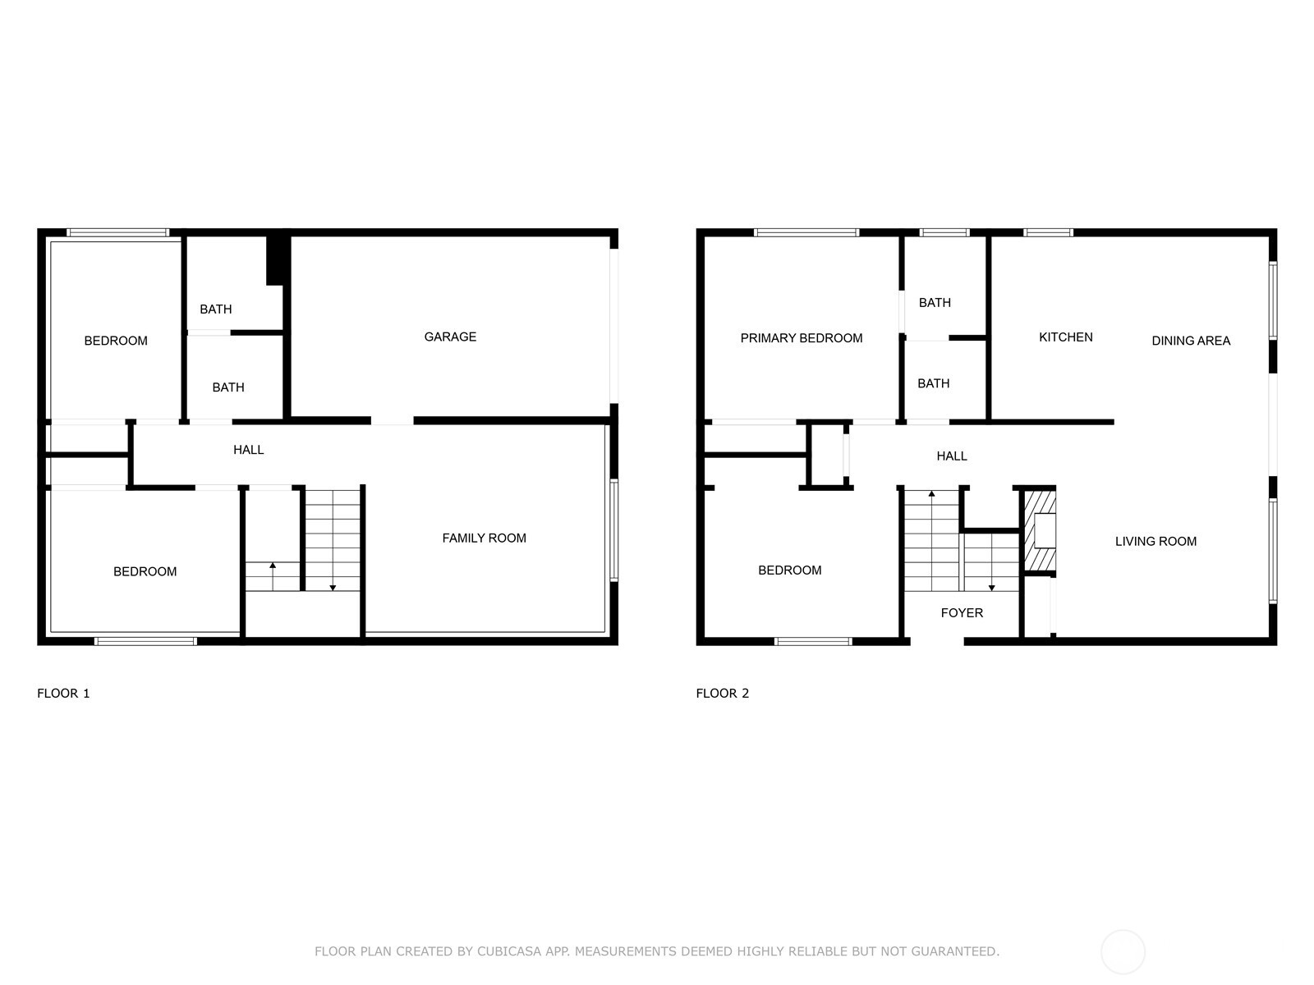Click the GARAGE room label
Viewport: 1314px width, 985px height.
[x=450, y=337]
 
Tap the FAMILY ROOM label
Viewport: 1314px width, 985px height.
[x=484, y=538]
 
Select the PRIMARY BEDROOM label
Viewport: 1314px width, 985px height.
[x=801, y=338]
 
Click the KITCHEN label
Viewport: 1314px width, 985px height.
[x=1065, y=337]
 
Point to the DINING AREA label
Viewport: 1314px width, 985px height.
[x=1190, y=341]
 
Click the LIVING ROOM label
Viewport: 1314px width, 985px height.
[x=1155, y=541]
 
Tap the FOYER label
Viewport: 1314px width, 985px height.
[x=962, y=612]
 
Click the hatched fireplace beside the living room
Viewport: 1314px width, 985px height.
[x=1038, y=530]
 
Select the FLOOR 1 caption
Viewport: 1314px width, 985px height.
[x=63, y=693]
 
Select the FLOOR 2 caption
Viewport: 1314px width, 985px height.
[x=722, y=693]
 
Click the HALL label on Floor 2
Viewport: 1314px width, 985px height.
[x=951, y=456]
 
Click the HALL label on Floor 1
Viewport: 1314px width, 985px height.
[x=248, y=450]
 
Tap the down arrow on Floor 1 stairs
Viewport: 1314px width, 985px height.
[x=333, y=586]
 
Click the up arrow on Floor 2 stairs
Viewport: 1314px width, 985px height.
[x=931, y=495]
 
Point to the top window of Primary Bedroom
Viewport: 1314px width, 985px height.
[x=806, y=233]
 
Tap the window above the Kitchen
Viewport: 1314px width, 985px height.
[x=1048, y=233]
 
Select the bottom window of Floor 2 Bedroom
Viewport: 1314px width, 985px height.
[x=812, y=641]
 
